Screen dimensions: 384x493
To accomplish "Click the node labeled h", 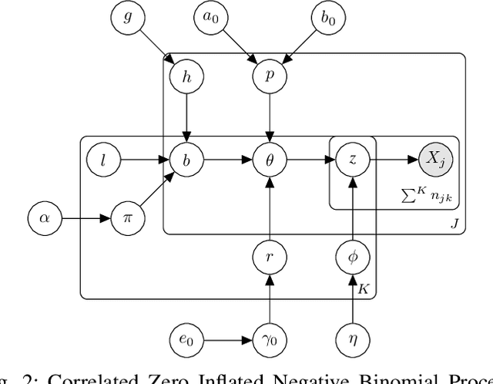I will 185,77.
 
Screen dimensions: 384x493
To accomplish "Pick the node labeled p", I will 270,77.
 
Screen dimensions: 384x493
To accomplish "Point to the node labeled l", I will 102,160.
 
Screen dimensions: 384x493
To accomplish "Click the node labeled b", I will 185,160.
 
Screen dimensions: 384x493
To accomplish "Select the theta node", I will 270,160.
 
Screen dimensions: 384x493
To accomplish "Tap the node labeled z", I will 352,160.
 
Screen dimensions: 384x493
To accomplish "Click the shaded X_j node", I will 435,160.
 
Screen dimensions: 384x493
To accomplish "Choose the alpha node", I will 43,218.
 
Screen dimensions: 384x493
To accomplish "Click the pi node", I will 126,218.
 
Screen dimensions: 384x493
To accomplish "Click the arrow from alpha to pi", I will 85,218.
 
